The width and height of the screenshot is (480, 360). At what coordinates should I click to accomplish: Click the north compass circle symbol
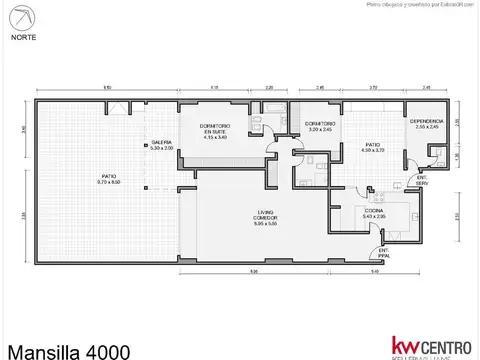tap(21, 17)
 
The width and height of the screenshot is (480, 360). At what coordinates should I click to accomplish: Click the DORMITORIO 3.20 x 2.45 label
tap(319, 126)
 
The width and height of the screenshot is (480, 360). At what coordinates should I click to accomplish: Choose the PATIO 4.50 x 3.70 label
tap(372, 147)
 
